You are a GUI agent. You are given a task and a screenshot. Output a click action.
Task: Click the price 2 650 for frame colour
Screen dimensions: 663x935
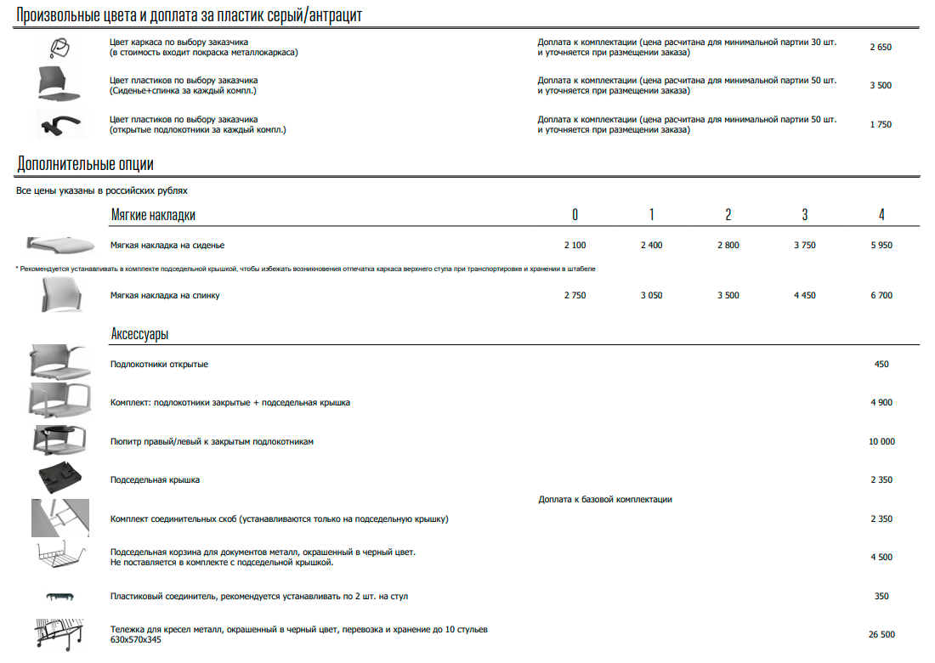tap(881, 47)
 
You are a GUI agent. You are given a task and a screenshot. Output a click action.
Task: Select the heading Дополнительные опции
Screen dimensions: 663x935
tap(85, 164)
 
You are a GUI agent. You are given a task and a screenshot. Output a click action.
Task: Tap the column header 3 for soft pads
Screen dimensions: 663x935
tap(804, 214)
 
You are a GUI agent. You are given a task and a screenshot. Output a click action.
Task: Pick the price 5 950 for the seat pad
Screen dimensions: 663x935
tap(881, 245)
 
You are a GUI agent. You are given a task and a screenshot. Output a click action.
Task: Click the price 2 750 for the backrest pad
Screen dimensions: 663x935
tap(575, 295)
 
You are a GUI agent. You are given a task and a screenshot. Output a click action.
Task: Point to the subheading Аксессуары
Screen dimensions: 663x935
tap(139, 333)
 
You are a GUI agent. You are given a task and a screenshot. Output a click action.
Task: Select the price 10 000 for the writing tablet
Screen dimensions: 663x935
tap(881, 441)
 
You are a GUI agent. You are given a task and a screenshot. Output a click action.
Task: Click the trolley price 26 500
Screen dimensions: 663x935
tap(881, 634)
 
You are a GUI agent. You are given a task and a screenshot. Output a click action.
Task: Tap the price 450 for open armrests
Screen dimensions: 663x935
tap(881, 364)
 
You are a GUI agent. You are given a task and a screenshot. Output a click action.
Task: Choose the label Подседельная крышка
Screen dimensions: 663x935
tap(155, 479)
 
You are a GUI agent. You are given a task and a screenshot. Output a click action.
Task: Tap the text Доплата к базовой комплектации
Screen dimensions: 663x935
tap(605, 499)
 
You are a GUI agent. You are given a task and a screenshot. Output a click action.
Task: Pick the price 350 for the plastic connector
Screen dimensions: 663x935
tap(881, 596)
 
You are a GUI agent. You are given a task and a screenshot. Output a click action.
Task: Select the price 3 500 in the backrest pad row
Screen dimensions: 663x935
tap(728, 295)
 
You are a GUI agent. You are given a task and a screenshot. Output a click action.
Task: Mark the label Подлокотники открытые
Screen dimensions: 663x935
tap(159, 364)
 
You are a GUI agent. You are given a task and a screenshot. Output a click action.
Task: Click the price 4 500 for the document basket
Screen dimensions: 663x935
tap(881, 557)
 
